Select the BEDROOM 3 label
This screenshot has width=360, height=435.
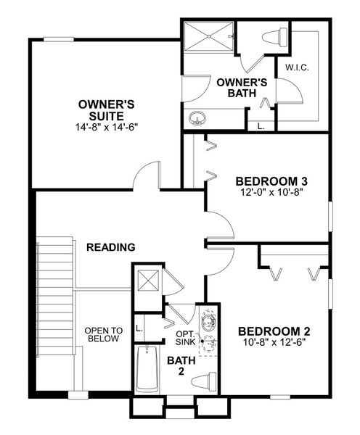coord(268,181)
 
